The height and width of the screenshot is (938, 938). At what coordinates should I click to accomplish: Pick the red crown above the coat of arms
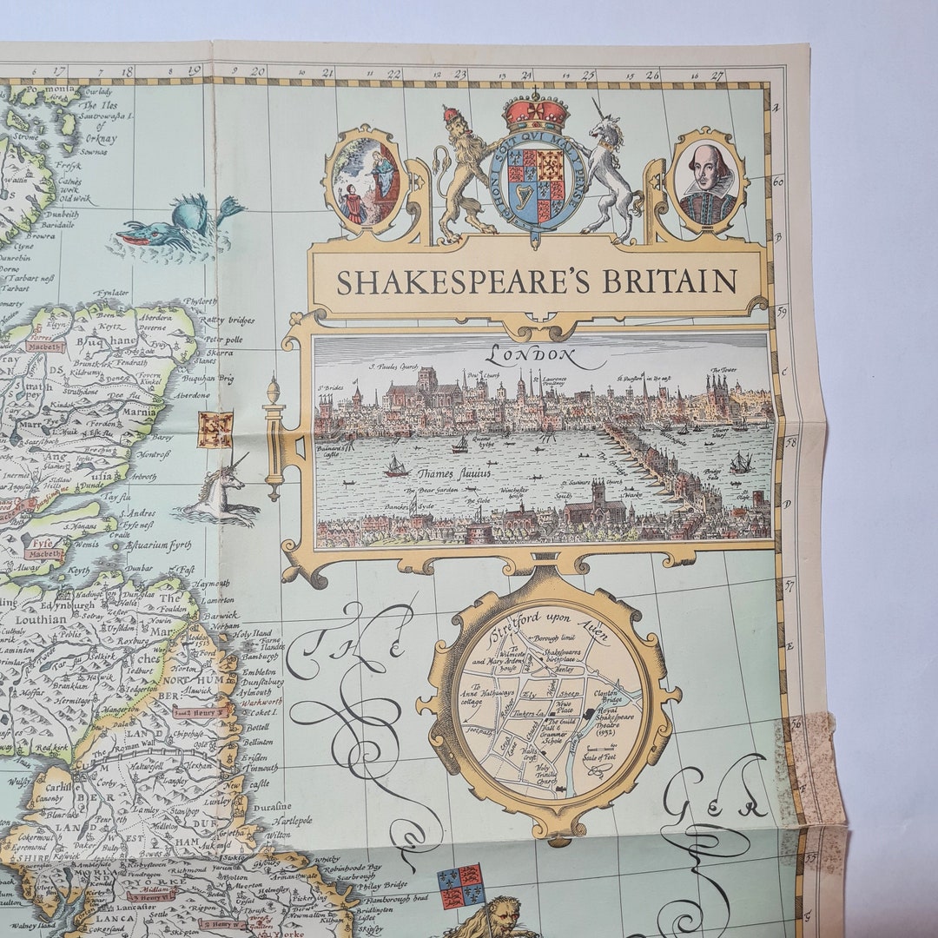(536, 113)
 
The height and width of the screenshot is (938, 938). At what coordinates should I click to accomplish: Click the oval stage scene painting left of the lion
(366, 182)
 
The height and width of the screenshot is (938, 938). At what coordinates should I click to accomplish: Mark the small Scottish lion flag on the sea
(215, 430)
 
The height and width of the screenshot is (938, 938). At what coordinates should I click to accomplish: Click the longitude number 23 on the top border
(460, 75)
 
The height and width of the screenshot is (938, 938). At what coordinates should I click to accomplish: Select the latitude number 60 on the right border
(779, 182)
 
